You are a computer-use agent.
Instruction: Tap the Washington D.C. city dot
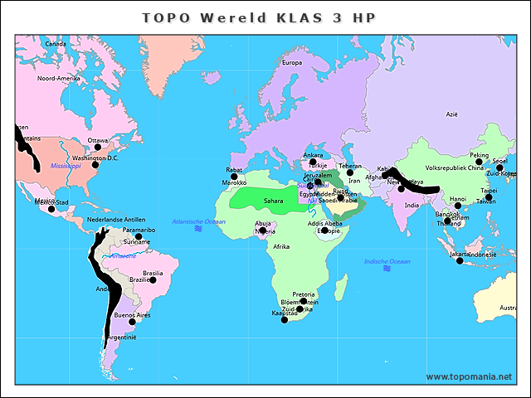(95, 165)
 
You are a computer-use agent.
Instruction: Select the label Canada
(56, 44)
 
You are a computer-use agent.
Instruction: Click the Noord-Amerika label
(58, 78)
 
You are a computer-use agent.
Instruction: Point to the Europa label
(292, 63)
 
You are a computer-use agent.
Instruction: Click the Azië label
(451, 114)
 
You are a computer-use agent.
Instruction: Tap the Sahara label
(274, 201)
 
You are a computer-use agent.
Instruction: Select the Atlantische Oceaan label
(198, 222)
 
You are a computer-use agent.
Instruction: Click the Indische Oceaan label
(387, 262)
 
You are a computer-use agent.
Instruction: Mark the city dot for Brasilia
(153, 280)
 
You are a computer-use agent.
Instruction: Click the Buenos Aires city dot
(131, 323)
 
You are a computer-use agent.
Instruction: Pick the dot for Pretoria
(304, 302)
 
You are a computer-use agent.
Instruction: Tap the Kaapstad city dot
(285, 320)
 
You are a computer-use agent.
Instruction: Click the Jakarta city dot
(460, 261)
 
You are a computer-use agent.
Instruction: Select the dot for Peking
(479, 163)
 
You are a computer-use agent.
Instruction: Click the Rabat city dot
(234, 177)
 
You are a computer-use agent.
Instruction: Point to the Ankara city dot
(313, 162)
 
